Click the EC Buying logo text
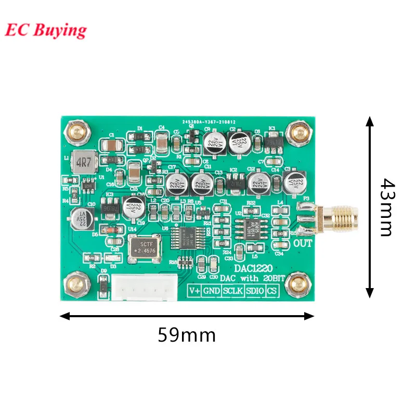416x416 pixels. pos(46,30)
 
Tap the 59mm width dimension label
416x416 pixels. pos(187,335)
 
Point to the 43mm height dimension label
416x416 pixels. pos(386,206)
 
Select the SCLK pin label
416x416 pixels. pos(232,291)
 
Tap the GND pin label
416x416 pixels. pos(211,291)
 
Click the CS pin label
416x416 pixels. pos(271,291)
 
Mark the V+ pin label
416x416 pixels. pos(194,291)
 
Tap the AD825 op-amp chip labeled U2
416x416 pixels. pos(251,227)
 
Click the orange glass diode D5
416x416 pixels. pos(109,229)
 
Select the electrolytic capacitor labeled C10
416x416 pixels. pos(82,218)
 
